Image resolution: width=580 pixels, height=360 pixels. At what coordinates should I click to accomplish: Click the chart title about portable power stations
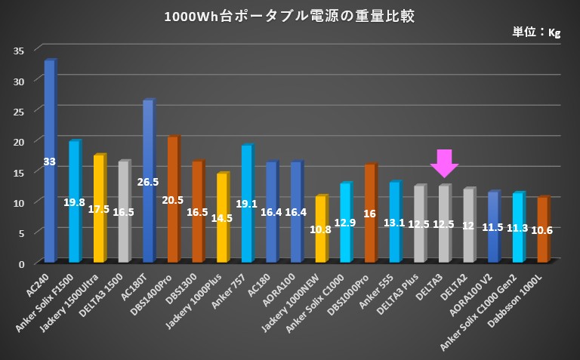(289, 16)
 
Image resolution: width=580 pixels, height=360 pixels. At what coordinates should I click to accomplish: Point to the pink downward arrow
(444, 163)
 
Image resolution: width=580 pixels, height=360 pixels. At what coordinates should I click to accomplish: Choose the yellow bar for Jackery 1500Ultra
(99, 208)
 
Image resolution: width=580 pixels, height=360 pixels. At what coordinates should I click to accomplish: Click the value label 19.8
(74, 202)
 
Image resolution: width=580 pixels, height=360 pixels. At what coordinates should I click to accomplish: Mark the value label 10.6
(542, 230)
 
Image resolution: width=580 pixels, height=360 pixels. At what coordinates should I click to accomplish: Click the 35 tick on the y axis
(19, 51)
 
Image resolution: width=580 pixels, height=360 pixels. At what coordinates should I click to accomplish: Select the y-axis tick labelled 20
(19, 141)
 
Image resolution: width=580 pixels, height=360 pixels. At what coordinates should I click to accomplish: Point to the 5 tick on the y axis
(21, 232)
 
